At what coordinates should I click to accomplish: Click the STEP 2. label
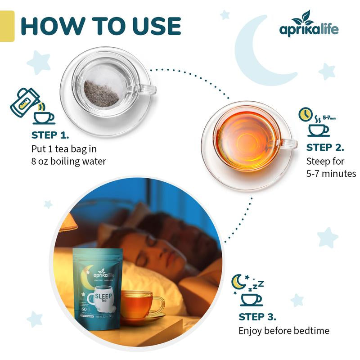click(325, 147)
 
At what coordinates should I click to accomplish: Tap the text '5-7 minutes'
click(331, 173)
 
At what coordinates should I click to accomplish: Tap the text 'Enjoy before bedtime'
click(283, 331)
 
